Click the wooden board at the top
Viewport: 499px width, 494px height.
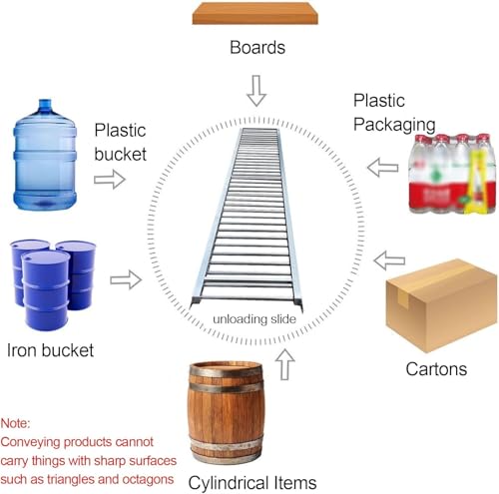tap(255, 13)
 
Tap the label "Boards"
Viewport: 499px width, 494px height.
tap(257, 47)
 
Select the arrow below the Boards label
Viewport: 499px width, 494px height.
tap(256, 91)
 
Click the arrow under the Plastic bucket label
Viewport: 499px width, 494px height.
tap(110, 180)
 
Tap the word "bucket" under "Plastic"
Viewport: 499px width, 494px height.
tap(121, 154)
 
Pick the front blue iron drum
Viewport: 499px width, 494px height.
tap(46, 290)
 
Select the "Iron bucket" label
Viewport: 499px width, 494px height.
tap(50, 350)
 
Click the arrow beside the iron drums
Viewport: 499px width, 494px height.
tap(126, 279)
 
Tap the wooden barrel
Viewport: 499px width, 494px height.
tap(227, 412)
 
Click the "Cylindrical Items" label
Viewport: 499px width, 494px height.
tap(252, 483)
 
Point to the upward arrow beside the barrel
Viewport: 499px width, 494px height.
tap(285, 364)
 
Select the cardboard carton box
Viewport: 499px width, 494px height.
tap(441, 305)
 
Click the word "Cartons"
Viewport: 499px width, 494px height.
tap(436, 369)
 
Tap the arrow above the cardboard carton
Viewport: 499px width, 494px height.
tap(389, 260)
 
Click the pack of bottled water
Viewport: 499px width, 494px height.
tap(452, 174)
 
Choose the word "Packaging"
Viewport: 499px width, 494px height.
tap(394, 125)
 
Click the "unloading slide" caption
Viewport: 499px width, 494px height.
tap(254, 319)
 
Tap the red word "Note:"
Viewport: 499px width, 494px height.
tap(15, 423)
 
